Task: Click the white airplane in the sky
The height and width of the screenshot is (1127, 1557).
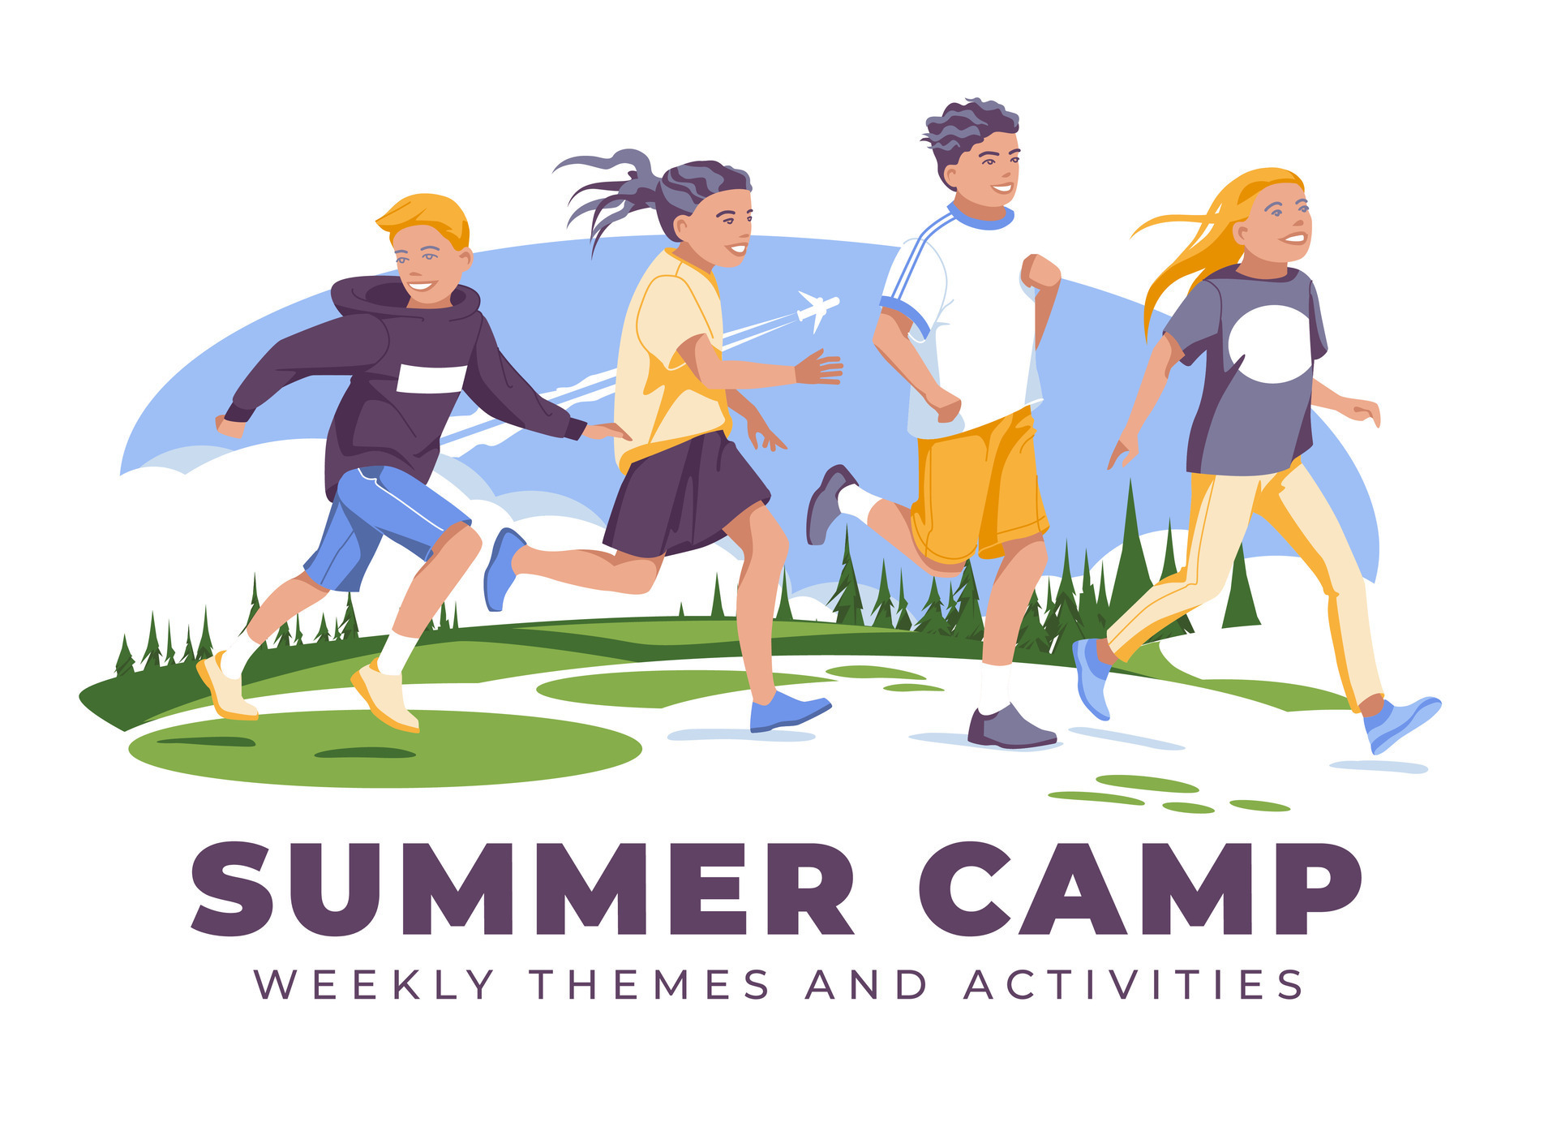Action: (x=817, y=308)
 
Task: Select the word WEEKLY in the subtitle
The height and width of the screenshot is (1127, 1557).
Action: (x=374, y=985)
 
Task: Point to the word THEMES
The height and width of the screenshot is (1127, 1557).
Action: (x=650, y=985)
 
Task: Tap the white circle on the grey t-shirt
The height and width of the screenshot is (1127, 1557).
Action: (x=1269, y=344)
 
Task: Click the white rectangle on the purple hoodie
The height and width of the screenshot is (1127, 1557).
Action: (x=431, y=379)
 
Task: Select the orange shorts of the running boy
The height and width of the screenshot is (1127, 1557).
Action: (x=979, y=487)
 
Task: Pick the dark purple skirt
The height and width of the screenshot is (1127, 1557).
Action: (x=685, y=495)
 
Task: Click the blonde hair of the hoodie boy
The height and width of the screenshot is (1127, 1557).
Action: (x=426, y=215)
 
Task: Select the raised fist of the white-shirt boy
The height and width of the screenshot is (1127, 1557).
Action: (x=1040, y=272)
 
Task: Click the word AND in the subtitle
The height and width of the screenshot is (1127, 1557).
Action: (x=865, y=985)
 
